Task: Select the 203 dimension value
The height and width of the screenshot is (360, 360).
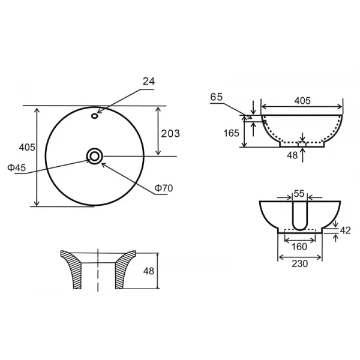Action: pyautogui.click(x=171, y=133)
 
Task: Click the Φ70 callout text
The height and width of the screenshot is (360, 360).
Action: pyautogui.click(x=163, y=188)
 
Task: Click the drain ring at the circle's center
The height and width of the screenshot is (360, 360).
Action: pyautogui.click(x=95, y=157)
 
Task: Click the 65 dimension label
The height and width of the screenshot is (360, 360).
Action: pyautogui.click(x=217, y=96)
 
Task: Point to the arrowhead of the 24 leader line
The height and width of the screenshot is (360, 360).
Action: pyautogui.click(x=98, y=112)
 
